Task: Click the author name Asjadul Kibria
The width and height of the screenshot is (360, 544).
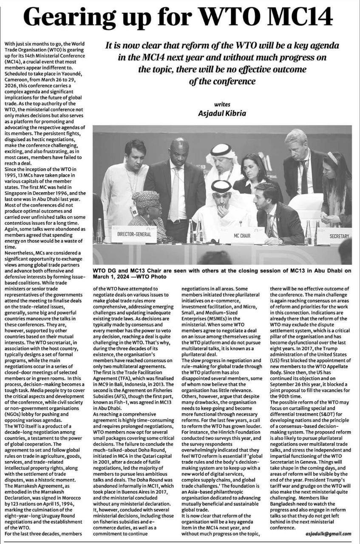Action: tap(222, 113)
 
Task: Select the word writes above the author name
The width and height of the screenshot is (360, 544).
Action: tap(222, 103)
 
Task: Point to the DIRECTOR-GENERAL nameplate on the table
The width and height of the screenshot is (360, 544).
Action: tap(134, 234)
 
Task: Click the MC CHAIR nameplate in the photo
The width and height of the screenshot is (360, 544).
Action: tap(242, 235)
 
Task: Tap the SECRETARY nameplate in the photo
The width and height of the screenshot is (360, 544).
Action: tap(338, 236)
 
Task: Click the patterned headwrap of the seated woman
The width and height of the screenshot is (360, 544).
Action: tap(145, 198)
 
